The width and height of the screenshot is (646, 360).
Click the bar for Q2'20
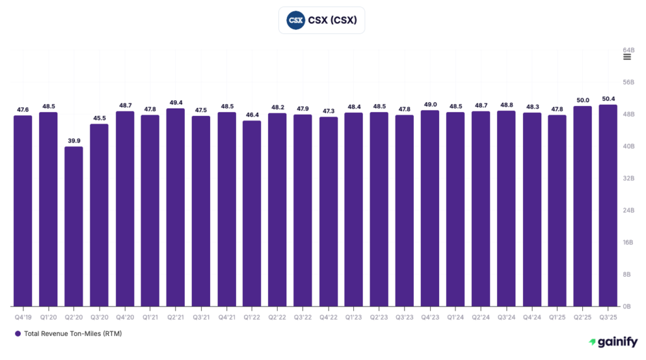pyautogui.click(x=73, y=227)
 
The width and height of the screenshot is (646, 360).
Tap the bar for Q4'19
pyautogui.click(x=23, y=211)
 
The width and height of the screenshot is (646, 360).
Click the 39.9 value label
pyautogui.click(x=73, y=141)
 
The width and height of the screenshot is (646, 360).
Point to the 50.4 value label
pyautogui.click(x=608, y=98)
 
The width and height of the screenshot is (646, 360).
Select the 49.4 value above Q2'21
pyautogui.click(x=175, y=102)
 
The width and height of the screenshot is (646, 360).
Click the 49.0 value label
pyautogui.click(x=430, y=104)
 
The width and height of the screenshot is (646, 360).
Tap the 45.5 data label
pyautogui.click(x=99, y=118)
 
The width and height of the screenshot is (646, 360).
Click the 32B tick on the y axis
pyautogui.click(x=628, y=178)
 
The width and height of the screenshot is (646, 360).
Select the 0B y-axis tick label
pyautogui.click(x=627, y=306)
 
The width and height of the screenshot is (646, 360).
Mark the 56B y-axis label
pyautogui.click(x=628, y=82)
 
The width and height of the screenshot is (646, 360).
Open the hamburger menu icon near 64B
pyautogui.click(x=627, y=57)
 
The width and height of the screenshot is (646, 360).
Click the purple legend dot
pyautogui.click(x=18, y=334)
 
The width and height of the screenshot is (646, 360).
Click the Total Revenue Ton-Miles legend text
pyautogui.click(x=73, y=334)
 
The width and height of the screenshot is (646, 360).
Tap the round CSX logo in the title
pyautogui.click(x=295, y=20)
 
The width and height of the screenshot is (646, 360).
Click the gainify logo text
pyautogui.click(x=618, y=342)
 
